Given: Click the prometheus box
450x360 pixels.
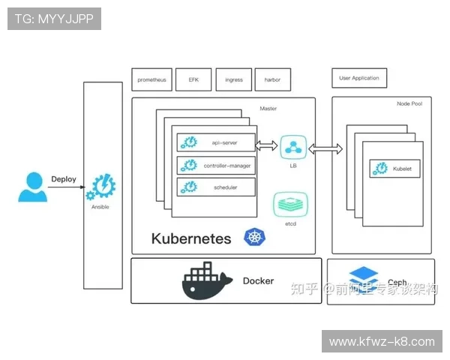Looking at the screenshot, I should [x=152, y=79].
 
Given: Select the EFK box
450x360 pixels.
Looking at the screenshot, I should [x=193, y=79].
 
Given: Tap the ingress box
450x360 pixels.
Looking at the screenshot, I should [x=234, y=79].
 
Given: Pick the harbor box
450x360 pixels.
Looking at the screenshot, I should [x=272, y=79].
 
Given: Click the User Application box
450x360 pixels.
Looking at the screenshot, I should [x=359, y=78].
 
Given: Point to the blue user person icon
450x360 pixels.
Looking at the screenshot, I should [x=32, y=187].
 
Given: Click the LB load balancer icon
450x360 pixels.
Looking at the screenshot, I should [x=293, y=146].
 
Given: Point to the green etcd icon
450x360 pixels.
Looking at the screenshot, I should [x=289, y=205].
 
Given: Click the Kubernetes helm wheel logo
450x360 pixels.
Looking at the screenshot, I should [x=255, y=238].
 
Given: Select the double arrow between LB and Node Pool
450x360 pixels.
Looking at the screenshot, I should [x=325, y=149].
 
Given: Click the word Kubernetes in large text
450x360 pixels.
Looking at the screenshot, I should [x=191, y=239].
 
